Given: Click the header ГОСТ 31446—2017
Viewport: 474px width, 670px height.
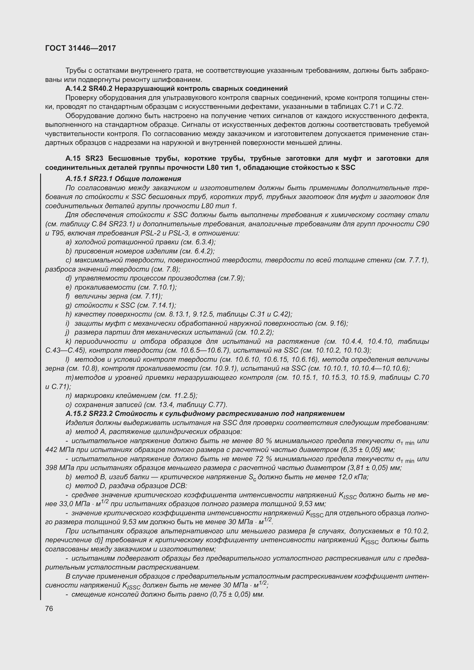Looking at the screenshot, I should (x=81, y=48).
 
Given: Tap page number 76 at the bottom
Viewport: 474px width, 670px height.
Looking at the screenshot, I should (x=49, y=608).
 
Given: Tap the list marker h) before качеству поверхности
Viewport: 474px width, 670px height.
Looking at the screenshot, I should (x=68, y=314).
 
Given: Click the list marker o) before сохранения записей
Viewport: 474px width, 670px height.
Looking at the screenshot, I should (x=68, y=404).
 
